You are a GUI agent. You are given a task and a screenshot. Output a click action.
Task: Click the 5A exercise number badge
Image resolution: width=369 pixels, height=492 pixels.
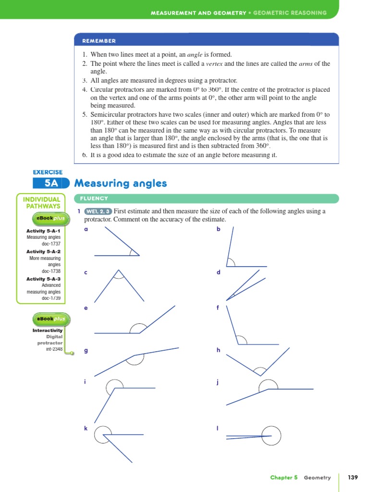point(50,183)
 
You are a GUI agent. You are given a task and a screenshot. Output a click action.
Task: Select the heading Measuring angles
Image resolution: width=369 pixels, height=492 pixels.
point(121,183)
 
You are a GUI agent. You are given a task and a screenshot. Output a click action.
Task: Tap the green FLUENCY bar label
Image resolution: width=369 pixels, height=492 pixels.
point(95,198)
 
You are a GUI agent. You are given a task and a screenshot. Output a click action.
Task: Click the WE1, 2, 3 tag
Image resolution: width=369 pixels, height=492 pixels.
point(98,211)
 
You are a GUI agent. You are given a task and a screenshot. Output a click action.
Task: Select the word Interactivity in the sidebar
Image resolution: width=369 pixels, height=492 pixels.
point(48,331)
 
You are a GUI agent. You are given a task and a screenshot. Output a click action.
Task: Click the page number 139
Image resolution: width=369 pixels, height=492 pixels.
point(353,477)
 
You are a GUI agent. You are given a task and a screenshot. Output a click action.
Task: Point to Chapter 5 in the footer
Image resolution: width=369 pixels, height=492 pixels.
point(284,477)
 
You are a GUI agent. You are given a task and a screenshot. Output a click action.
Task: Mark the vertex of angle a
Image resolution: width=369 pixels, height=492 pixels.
point(139,256)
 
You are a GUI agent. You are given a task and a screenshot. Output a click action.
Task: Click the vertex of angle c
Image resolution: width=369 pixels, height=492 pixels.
point(118,270)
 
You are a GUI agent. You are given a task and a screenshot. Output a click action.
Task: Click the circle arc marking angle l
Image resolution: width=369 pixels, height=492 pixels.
point(271,436)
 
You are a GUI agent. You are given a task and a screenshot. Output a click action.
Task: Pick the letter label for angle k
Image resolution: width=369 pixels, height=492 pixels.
point(86,428)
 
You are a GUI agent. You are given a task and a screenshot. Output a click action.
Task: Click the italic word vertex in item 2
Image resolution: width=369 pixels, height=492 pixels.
point(215,64)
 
